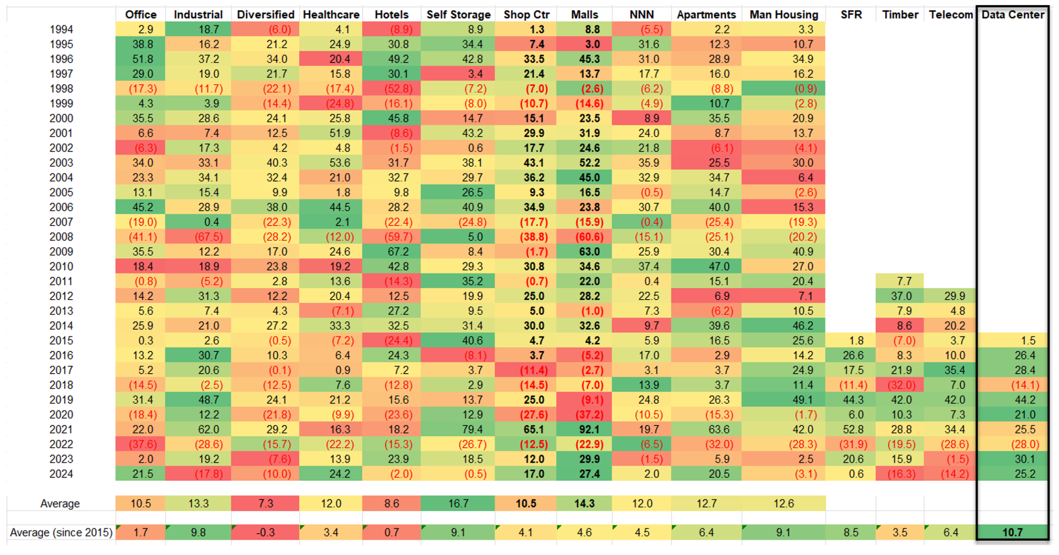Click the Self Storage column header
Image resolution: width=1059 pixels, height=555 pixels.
pos(458,15)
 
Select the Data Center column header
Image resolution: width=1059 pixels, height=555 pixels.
pos(1013,15)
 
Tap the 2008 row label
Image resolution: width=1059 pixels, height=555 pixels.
pos(61,237)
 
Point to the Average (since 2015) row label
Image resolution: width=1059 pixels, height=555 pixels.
pos(61,532)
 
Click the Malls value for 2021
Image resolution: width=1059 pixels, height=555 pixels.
pos(589,429)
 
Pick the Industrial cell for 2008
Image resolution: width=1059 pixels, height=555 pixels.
pos(208,237)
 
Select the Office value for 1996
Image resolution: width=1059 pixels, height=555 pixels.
pos(143,59)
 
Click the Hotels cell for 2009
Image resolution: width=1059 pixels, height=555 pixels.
pos(398,251)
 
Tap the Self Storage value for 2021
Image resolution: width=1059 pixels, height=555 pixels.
pos(472,429)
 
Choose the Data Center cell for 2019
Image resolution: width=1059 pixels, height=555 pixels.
pos(1025,399)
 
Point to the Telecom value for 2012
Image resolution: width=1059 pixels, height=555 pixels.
pos(954,296)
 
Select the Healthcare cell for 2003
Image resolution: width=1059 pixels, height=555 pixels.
pos(339,163)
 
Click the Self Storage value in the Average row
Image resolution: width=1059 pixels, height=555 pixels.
pos(458,503)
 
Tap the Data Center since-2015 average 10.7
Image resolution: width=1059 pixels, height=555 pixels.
pos(1012,532)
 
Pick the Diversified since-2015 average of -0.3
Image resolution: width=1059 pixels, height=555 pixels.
pos(265,532)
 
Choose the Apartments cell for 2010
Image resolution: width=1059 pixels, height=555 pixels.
pos(718,267)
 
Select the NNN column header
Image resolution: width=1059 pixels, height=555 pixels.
pos(641,15)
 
